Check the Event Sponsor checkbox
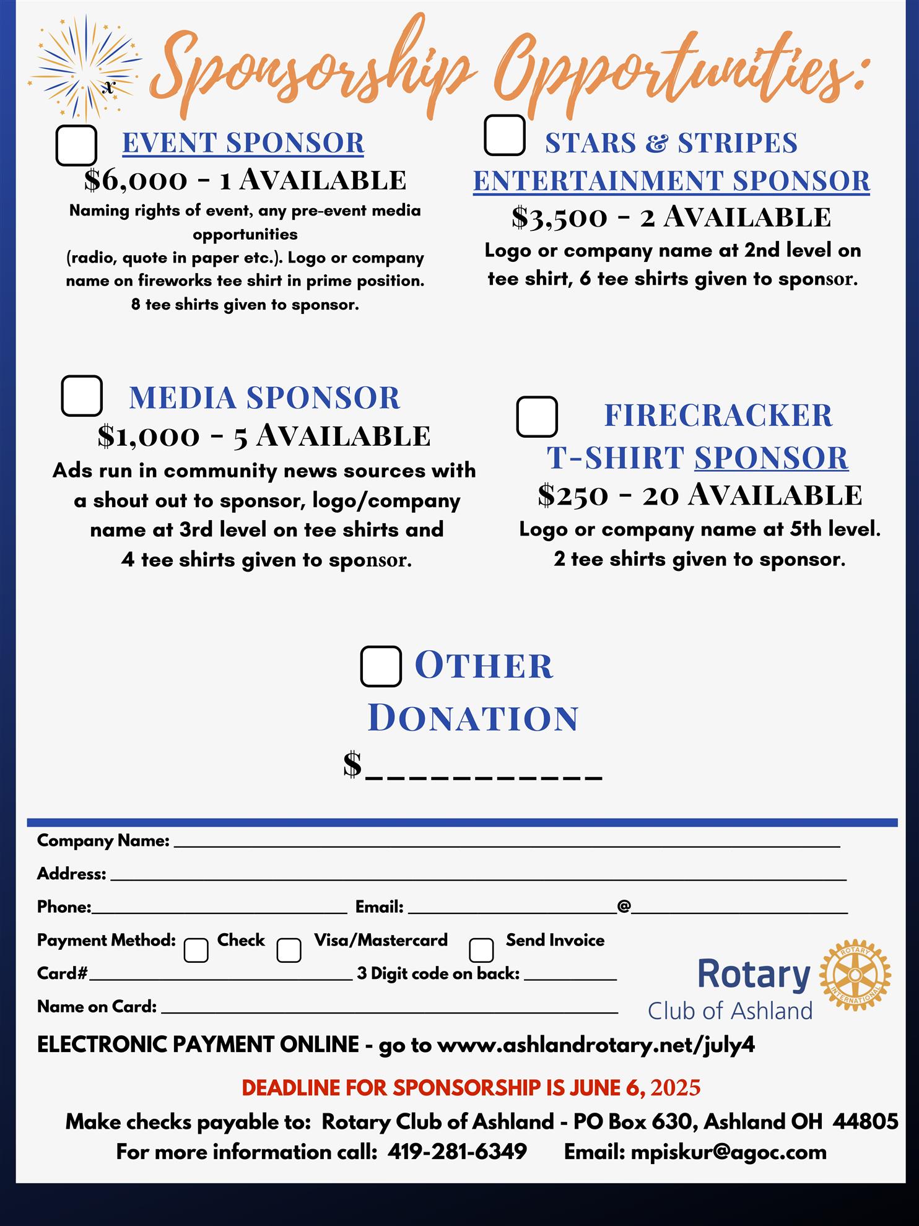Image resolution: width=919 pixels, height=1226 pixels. (76, 146)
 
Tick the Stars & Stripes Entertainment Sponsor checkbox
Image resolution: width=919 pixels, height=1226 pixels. (505, 135)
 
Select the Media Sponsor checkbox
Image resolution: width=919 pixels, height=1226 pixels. (82, 396)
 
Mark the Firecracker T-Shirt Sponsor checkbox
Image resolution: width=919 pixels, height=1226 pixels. (537, 417)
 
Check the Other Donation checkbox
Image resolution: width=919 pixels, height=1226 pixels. (381, 666)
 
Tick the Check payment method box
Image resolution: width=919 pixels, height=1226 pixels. (196, 950)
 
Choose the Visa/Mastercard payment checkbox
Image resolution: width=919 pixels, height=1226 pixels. (289, 950)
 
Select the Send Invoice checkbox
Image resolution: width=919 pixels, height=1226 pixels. (481, 950)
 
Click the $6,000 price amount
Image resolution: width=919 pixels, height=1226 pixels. (136, 180)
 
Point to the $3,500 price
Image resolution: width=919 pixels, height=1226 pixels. (560, 218)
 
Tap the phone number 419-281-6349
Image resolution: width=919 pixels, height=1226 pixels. (457, 1152)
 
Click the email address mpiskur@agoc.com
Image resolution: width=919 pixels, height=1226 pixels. (728, 1152)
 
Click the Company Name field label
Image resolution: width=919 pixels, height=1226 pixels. (103, 840)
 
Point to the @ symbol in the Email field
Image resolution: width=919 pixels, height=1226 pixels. (624, 906)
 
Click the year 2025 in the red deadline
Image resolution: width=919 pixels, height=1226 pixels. (676, 1088)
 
